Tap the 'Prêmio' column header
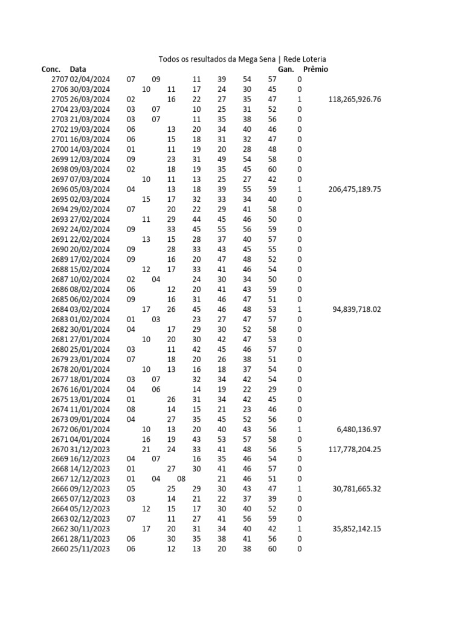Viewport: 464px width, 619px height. click(315, 70)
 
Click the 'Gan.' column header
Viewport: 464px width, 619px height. click(285, 70)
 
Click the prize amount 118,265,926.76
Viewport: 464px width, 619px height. click(355, 99)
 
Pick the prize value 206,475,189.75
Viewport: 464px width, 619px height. click(355, 189)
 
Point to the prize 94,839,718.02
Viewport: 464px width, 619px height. click(357, 309)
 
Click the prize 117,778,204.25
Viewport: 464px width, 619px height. click(355, 449)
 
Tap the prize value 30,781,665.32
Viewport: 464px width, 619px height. click(357, 489)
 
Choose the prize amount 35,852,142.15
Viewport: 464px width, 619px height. click(357, 529)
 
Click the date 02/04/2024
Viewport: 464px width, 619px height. click(90, 79)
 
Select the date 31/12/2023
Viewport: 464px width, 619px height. click(90, 449)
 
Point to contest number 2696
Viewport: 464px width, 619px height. click(59, 189)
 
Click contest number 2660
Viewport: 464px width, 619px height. click(59, 549)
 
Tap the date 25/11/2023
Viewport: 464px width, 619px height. click(90, 549)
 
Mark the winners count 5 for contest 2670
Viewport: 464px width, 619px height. click(299, 449)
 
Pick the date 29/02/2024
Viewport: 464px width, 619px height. click(90, 209)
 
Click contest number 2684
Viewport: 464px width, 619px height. click(59, 309)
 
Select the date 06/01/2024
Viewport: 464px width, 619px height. click(90, 429)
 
